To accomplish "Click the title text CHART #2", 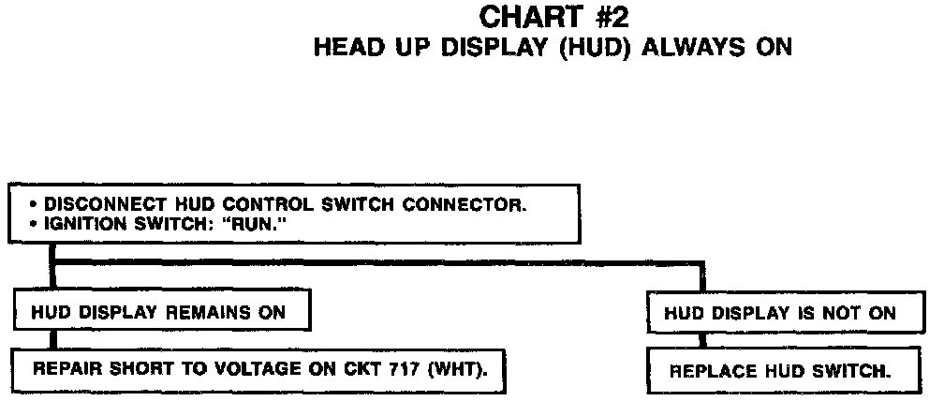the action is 549,17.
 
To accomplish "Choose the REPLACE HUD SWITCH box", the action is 779,370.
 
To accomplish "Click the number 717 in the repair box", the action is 406,368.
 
